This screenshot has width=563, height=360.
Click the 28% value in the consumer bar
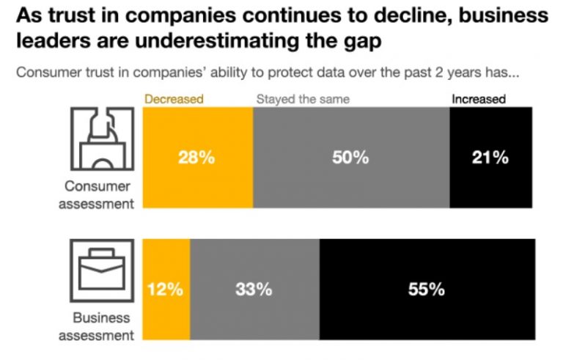click(x=196, y=158)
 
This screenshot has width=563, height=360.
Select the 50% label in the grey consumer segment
click(x=350, y=158)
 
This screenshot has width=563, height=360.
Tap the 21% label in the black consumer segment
click(x=490, y=158)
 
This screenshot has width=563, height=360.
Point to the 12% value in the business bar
click(x=165, y=289)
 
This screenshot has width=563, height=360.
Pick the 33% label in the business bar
click(x=254, y=289)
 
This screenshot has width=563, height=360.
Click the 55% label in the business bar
click(x=426, y=289)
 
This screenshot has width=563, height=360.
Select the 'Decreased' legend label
click(x=172, y=99)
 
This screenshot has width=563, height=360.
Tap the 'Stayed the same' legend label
click(x=302, y=99)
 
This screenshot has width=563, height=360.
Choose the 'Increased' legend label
click(x=478, y=99)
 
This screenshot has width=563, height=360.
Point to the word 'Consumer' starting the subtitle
click(x=47, y=73)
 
